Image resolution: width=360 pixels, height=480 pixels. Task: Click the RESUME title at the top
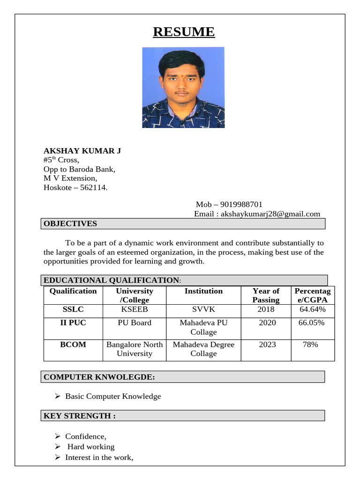tap(184, 32)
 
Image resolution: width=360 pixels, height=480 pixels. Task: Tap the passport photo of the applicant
tap(183, 88)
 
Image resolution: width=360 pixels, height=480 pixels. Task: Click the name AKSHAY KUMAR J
tap(82, 150)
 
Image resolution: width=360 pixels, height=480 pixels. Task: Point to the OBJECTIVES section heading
tap(70, 224)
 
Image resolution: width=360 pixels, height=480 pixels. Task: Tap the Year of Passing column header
tap(266, 295)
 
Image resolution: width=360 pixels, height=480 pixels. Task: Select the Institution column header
tap(203, 291)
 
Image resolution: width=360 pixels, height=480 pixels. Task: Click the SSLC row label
tap(73, 309)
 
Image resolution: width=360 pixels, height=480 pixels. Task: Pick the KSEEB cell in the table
tap(135, 309)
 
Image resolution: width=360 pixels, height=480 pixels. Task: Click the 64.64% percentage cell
tap(313, 309)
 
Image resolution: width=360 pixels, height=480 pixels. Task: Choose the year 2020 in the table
tap(267, 322)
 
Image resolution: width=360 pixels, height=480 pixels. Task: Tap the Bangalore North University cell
tap(135, 349)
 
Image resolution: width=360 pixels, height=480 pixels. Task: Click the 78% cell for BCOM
tap(310, 345)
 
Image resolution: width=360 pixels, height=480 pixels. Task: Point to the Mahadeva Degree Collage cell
tap(203, 349)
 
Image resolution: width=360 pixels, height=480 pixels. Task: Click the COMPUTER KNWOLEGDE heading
tap(99, 377)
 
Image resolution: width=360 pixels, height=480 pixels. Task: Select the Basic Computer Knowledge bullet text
tap(113, 397)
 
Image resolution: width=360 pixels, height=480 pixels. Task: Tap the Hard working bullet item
tap(91, 447)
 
